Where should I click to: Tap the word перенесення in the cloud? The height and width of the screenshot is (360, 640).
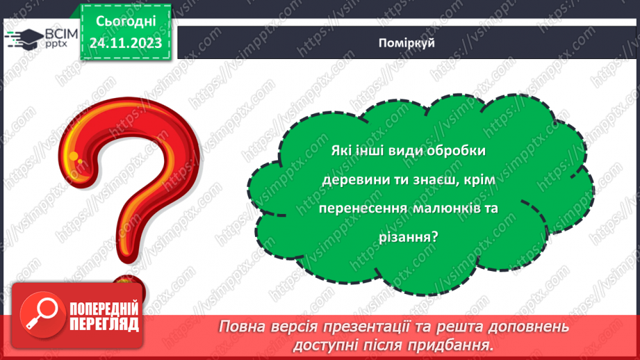tap(363, 208)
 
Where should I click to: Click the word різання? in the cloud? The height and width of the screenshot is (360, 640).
tap(409, 236)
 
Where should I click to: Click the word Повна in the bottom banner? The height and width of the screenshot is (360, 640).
tap(243, 327)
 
